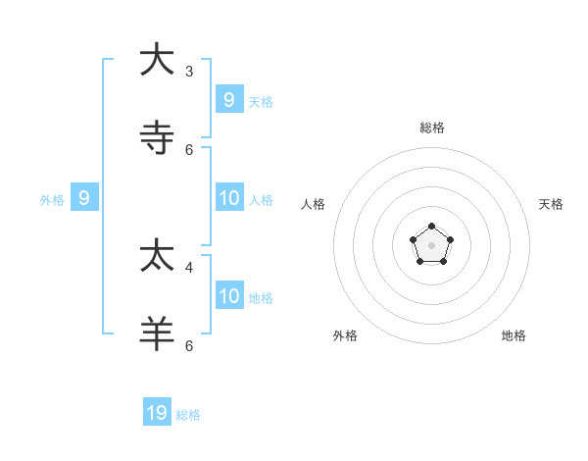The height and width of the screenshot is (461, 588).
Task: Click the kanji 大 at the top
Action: pyautogui.click(x=157, y=59)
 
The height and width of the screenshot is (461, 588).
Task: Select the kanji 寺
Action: pyautogui.click(x=157, y=137)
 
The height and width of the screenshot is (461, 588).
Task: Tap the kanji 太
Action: pyautogui.click(x=157, y=256)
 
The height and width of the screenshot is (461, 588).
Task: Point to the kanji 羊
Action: pyautogui.click(x=157, y=333)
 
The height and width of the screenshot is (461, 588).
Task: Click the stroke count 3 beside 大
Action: pyautogui.click(x=189, y=71)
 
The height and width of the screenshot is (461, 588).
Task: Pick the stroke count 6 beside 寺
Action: pyautogui.click(x=189, y=149)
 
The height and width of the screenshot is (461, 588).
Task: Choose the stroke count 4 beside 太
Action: pyautogui.click(x=189, y=267)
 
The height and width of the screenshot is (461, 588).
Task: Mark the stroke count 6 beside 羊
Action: pyautogui.click(x=189, y=345)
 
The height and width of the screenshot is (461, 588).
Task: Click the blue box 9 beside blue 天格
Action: pyautogui.click(x=229, y=99)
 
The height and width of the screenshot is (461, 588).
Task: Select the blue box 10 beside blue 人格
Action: pyautogui.click(x=229, y=197)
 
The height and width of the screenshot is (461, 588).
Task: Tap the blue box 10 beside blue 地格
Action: pyautogui.click(x=229, y=295)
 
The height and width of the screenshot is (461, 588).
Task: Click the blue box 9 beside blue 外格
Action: pyautogui.click(x=84, y=197)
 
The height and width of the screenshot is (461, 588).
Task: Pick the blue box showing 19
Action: pyautogui.click(x=157, y=413)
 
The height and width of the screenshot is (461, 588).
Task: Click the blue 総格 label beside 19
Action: pyautogui.click(x=188, y=415)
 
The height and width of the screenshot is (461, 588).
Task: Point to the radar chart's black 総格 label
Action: pyautogui.click(x=432, y=128)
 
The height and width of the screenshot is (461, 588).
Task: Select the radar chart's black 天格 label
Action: pyautogui.click(x=551, y=204)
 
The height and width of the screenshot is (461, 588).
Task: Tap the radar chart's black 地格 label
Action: pyautogui.click(x=514, y=335)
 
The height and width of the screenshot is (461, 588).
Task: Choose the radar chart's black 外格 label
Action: pyautogui.click(x=345, y=335)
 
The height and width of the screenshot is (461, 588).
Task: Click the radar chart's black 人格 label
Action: pyautogui.click(x=313, y=204)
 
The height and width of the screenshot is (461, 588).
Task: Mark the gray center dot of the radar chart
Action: pyautogui.click(x=432, y=245)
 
